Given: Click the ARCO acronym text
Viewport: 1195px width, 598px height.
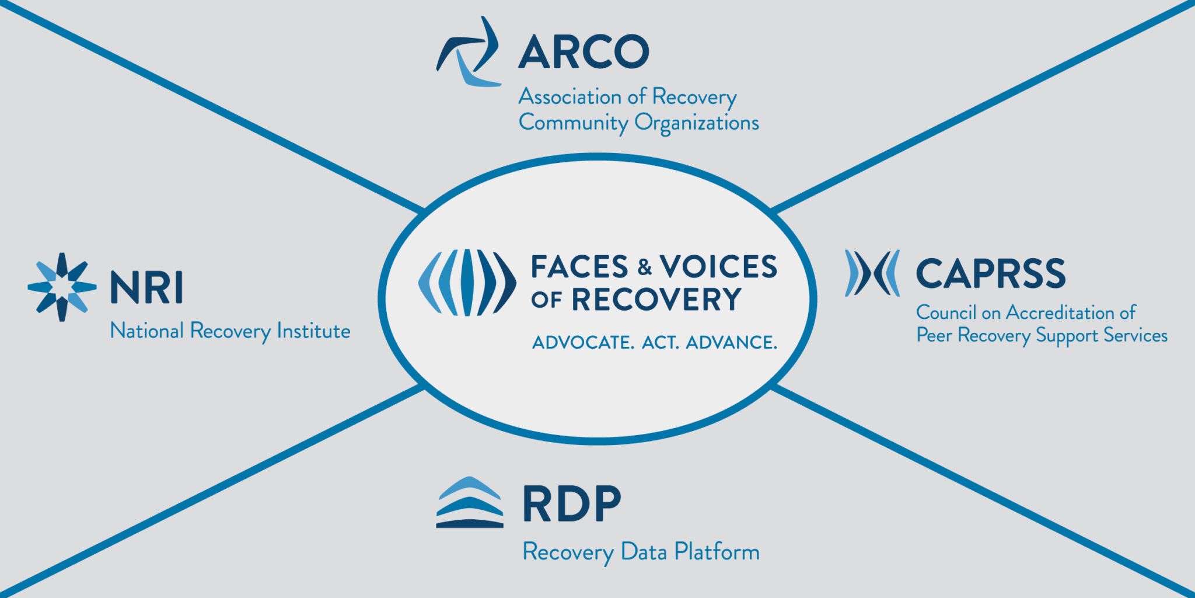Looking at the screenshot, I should click(583, 51).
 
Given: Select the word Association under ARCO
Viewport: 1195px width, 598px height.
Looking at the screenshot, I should click(570, 97).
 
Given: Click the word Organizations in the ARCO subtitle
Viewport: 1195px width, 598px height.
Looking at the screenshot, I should click(697, 123).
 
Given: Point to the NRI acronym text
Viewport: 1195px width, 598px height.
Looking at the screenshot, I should click(146, 287).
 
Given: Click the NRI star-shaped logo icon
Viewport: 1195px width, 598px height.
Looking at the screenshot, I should click(62, 287).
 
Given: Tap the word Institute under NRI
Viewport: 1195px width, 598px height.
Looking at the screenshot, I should click(313, 331).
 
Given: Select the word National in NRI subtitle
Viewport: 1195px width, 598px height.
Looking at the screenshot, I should click(147, 331).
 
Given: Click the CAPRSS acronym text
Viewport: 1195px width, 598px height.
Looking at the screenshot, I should click(990, 274).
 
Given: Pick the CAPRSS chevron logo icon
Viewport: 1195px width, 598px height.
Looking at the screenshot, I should click(872, 273).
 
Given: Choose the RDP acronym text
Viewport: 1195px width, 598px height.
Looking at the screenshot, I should click(571, 503).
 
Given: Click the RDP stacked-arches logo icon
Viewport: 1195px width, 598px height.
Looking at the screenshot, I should click(470, 503).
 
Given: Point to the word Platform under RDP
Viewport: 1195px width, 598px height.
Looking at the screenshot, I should click(717, 552).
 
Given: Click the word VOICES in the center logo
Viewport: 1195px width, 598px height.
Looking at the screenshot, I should click(718, 267).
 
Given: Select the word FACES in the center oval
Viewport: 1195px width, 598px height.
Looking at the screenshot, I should click(579, 267).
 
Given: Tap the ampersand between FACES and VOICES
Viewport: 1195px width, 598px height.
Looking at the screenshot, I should click(644, 267).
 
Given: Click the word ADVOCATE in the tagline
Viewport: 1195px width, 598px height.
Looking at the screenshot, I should click(582, 342).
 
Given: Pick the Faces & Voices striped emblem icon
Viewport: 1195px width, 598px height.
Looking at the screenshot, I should click(467, 283).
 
